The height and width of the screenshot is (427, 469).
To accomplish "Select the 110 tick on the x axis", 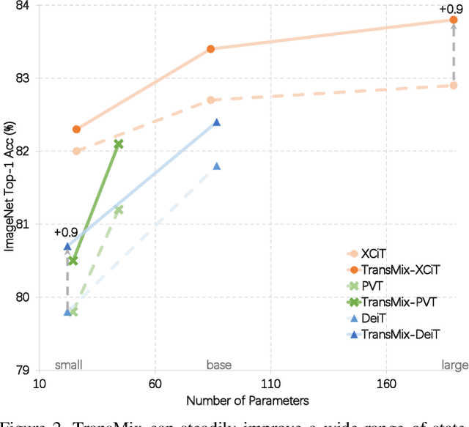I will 270,384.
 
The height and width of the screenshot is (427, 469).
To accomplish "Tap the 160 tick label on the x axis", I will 385,384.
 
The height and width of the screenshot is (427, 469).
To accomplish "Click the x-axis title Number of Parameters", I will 247,401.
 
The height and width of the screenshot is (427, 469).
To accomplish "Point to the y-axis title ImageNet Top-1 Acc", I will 10,187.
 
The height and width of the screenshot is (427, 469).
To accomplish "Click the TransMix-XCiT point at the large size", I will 454,20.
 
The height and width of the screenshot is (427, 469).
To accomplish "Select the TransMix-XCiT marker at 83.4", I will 210,49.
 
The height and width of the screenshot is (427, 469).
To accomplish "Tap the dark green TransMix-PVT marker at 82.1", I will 119,144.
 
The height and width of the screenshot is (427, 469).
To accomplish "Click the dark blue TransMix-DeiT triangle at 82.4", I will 217,122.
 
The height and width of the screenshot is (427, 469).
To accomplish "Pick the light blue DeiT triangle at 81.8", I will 217,166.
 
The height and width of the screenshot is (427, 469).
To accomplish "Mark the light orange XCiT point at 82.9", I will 454,86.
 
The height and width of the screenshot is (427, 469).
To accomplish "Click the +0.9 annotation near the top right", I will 450,9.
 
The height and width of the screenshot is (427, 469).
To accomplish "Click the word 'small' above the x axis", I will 69,364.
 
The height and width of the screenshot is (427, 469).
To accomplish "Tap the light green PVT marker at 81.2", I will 119,210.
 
